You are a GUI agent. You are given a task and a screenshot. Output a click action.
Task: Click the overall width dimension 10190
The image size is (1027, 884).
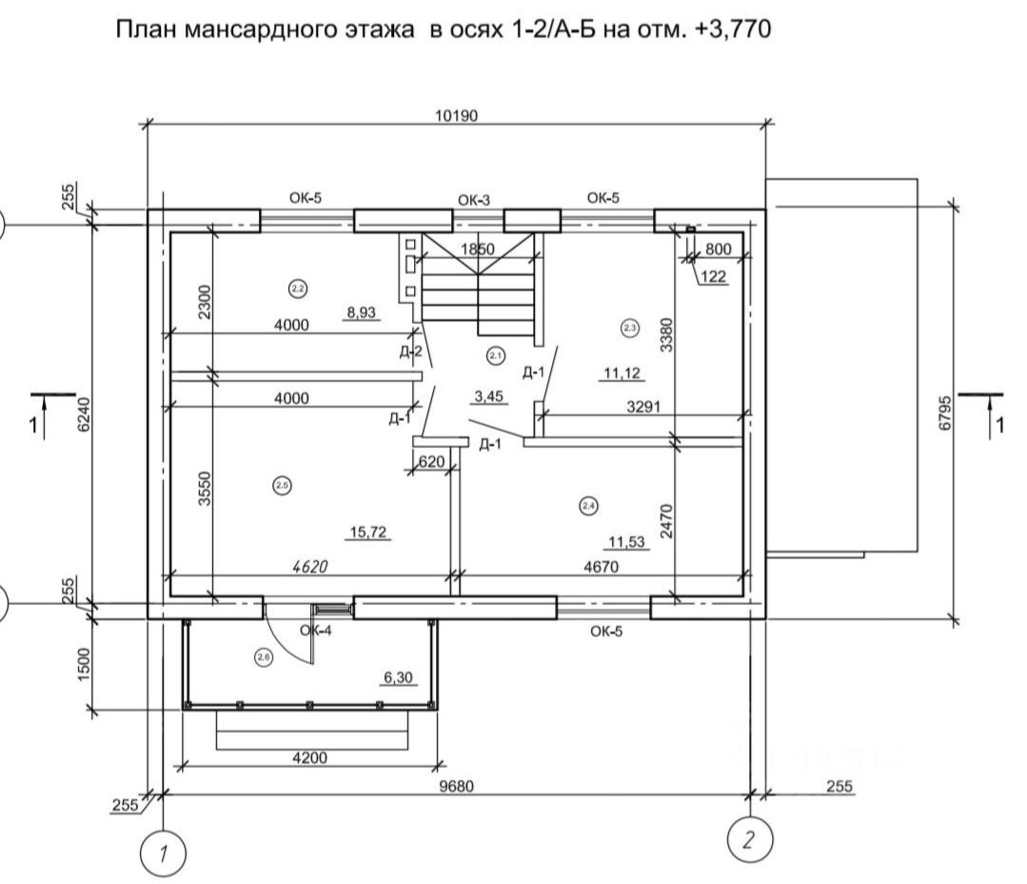[x=458, y=116]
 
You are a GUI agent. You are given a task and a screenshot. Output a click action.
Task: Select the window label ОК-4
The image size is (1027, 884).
[x=315, y=630]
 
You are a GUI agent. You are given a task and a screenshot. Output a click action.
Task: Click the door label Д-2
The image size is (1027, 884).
[x=411, y=352]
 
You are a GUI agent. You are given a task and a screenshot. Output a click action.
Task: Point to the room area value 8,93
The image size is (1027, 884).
[x=362, y=311]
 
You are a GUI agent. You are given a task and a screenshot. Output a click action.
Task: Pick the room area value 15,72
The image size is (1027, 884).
[x=368, y=532]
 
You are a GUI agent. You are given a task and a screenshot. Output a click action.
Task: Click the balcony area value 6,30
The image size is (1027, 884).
[x=399, y=677]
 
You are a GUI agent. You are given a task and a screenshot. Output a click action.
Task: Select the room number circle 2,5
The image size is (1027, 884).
[x=282, y=486]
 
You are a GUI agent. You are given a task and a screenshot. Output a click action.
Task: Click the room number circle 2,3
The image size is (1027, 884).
[x=629, y=328]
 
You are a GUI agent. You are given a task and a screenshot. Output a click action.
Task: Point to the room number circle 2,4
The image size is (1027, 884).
[x=587, y=506]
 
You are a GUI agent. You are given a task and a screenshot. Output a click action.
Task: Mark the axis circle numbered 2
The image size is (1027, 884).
[x=749, y=839]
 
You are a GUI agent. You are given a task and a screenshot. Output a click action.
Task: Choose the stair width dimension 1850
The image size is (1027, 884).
[x=478, y=249]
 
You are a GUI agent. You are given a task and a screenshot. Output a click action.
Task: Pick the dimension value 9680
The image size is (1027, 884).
[x=458, y=787]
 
